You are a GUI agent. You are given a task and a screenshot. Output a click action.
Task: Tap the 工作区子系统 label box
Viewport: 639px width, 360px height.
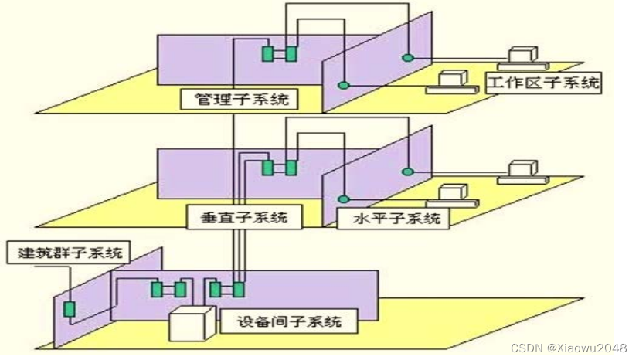pos(543,83)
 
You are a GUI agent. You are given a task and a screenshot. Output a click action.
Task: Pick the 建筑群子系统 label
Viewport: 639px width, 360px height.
pos(67,252)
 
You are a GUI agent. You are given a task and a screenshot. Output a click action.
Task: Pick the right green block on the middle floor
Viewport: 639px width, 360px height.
pos(293,167)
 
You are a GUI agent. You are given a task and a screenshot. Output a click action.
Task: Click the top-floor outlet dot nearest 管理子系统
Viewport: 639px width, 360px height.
pos(345,83)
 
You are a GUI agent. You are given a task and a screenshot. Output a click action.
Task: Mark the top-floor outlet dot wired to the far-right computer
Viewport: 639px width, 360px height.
pos(406,58)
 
